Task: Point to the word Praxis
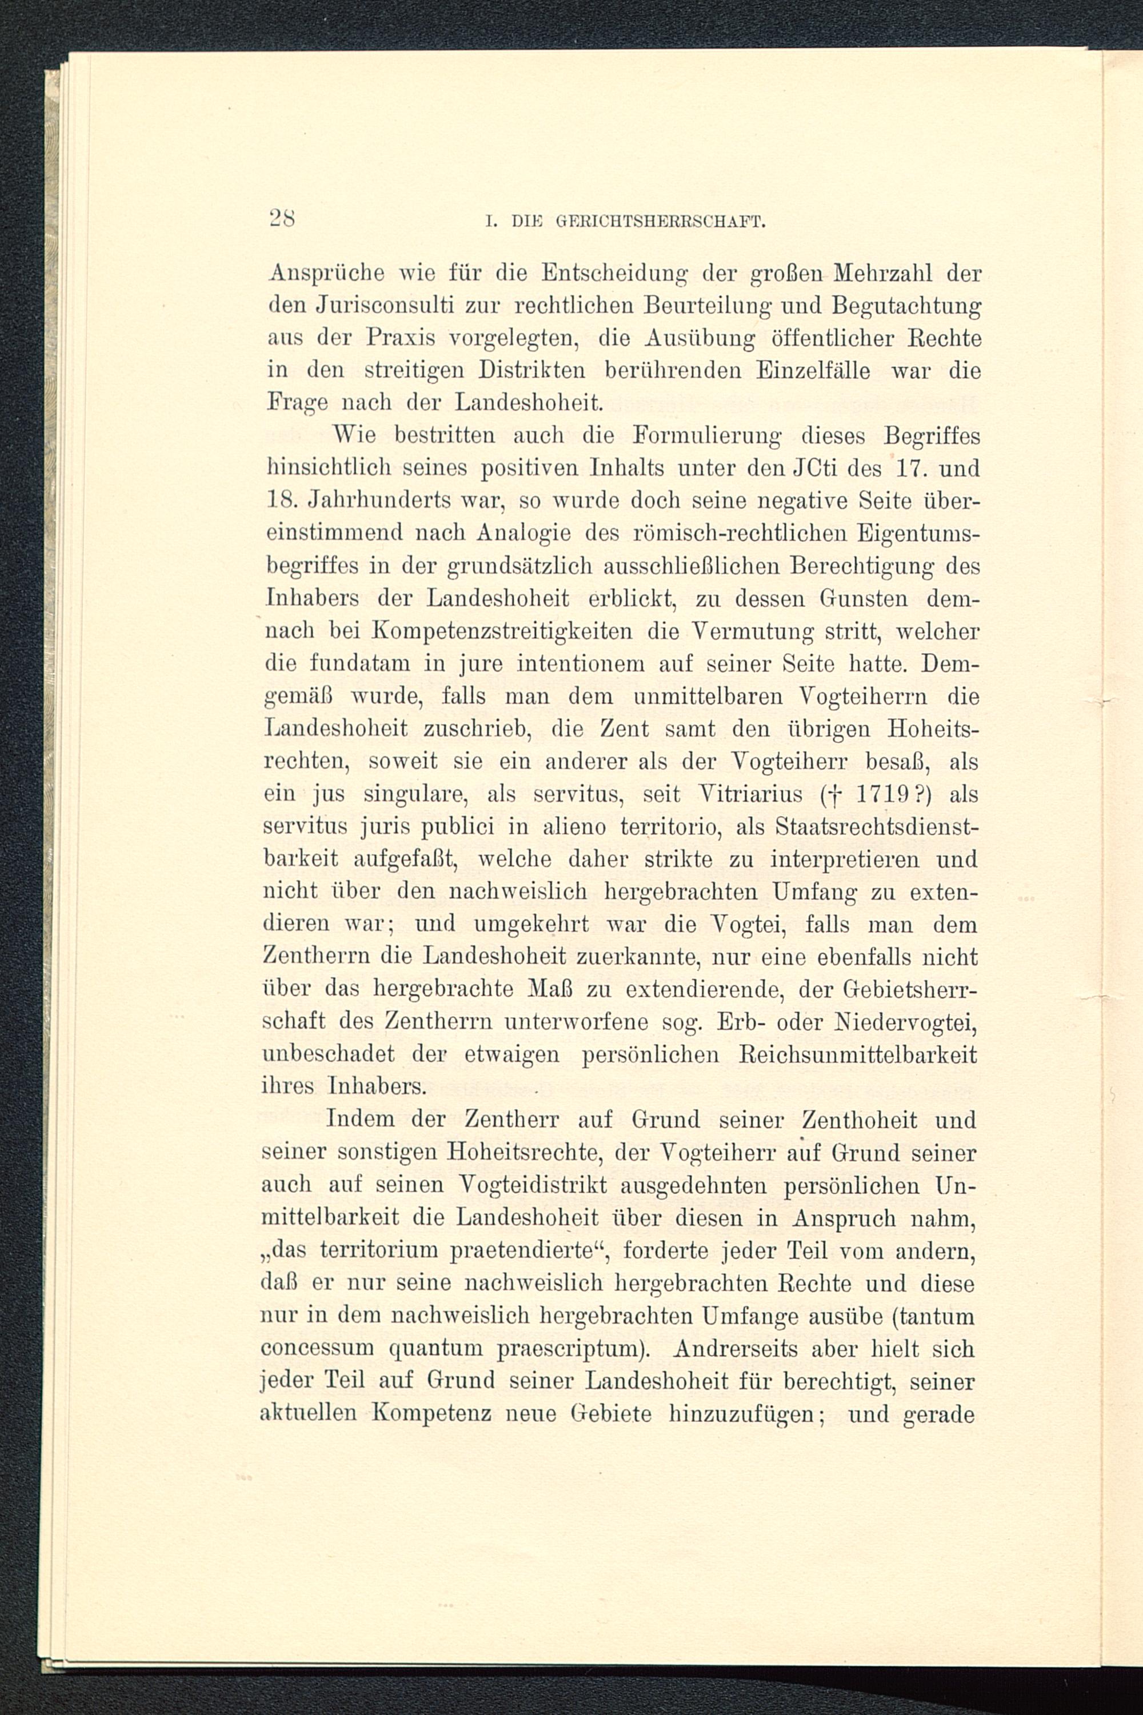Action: (x=400, y=338)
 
